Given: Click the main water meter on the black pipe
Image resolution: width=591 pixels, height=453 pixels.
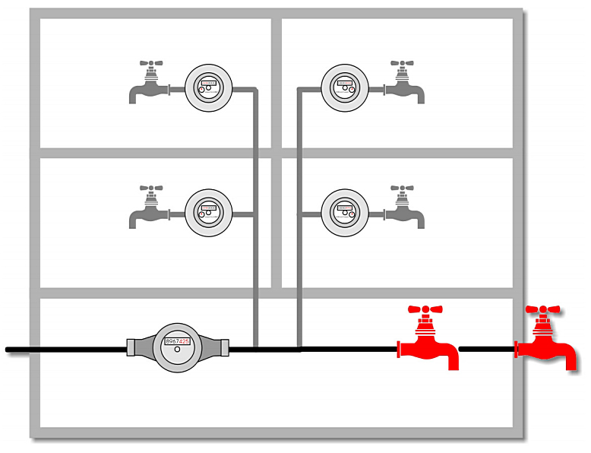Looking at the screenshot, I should (x=178, y=348).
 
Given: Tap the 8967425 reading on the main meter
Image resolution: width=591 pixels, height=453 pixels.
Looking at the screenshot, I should (x=178, y=343).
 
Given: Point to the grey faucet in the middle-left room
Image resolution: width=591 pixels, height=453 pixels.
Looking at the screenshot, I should (x=150, y=209).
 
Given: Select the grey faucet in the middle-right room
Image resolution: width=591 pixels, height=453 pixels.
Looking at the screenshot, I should (x=403, y=209).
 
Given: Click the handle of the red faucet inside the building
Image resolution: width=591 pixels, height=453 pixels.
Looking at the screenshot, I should (x=425, y=310).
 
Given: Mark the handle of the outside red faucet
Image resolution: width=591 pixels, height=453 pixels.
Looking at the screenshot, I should (x=542, y=310).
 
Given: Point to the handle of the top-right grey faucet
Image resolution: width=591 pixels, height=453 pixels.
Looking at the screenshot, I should (x=403, y=65).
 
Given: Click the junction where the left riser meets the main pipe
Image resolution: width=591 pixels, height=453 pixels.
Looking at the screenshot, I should (x=255, y=350).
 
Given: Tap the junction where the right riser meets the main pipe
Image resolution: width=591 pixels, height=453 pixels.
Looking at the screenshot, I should (x=300, y=350).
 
